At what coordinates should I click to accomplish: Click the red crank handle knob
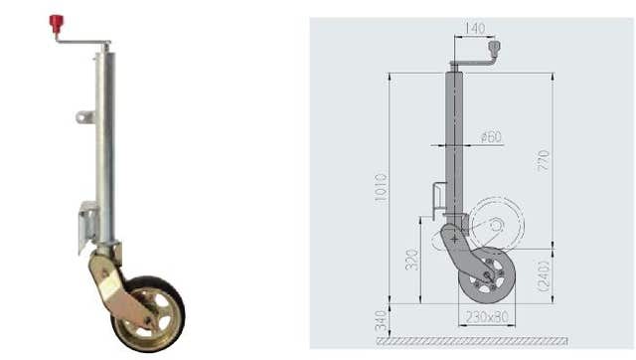coord(56,24)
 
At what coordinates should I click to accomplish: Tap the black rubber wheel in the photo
coord(148,314)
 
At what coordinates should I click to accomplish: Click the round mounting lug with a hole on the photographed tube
coord(84,117)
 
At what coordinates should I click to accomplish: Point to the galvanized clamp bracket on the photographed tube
coord(88,226)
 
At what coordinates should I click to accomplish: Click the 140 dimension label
coord(475,29)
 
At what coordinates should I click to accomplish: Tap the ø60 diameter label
coord(491,137)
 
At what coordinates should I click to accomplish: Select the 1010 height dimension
coord(382,188)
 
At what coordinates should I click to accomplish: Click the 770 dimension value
coord(544,160)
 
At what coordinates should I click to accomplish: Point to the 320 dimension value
coord(411,260)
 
